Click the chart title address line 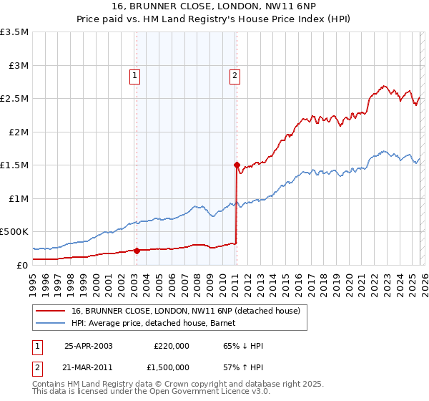pos(214,6)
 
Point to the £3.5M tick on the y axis pos(14,32)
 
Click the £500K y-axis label pos(14,232)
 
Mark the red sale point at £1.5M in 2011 pos(236,165)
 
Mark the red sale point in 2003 pos(137,251)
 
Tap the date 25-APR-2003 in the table pos(89,346)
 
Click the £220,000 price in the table pos(171,346)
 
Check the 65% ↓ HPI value pos(243,346)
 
